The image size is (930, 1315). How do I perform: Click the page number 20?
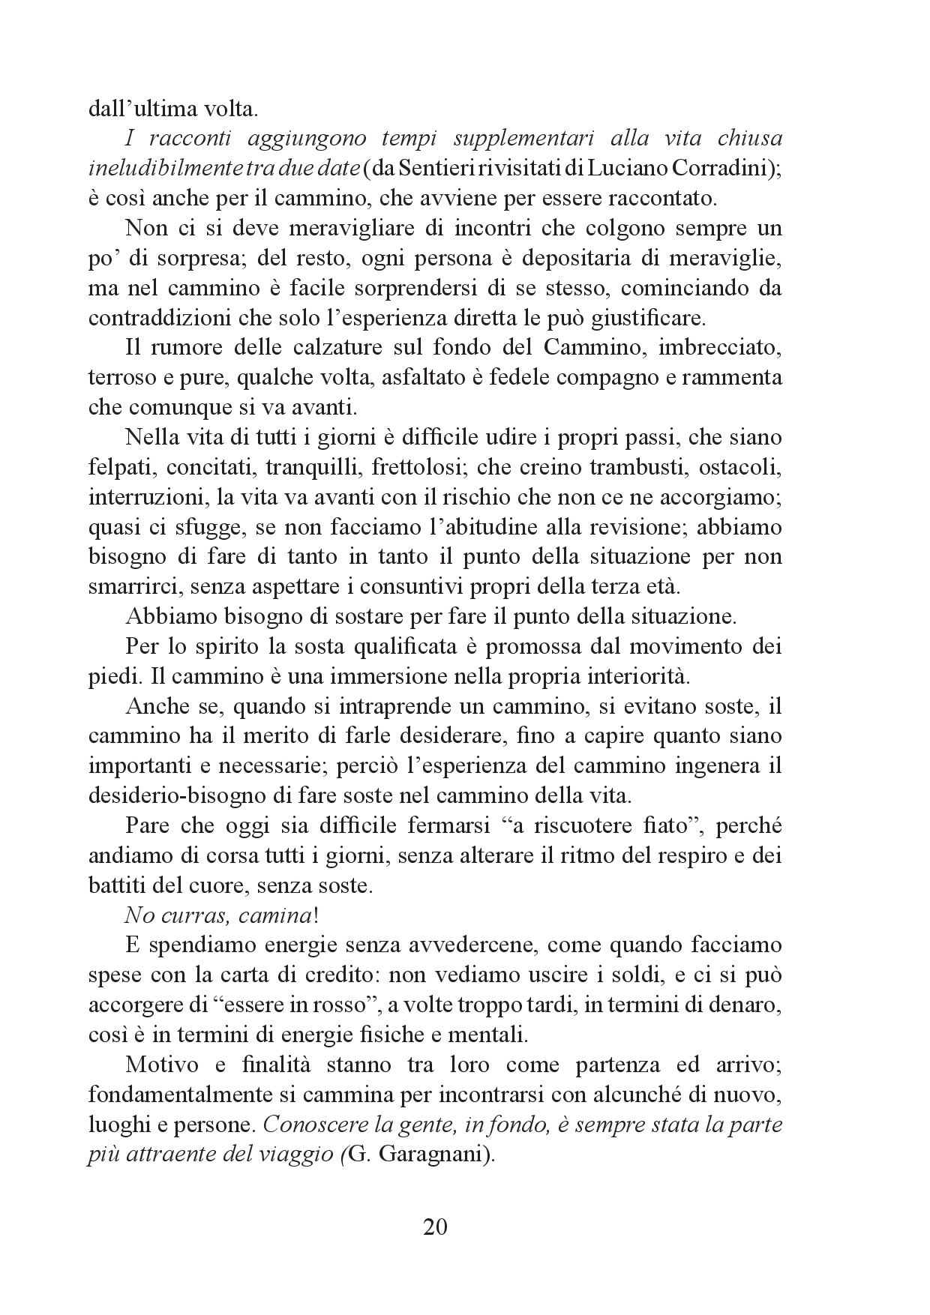coord(435,1227)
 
